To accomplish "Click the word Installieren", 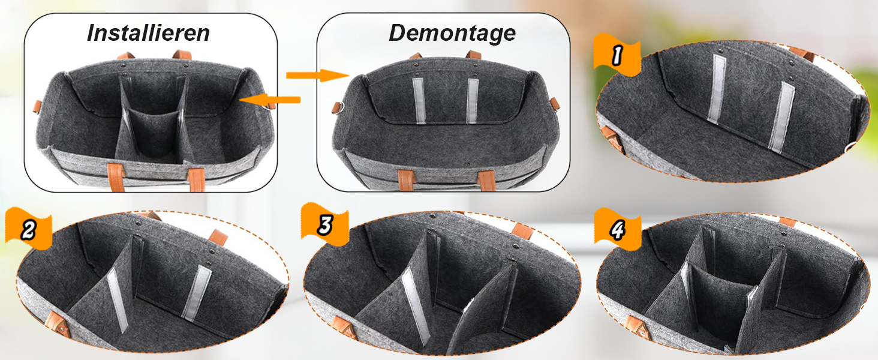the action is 148,32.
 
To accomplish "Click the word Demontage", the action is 452,33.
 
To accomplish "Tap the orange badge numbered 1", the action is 617,55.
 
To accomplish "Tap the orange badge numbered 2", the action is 28,229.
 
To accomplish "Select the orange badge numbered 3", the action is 324,224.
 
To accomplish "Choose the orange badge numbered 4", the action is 618,229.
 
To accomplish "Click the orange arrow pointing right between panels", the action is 317,75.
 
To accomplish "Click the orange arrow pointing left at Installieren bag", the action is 269,100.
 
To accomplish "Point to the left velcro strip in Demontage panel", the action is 419,101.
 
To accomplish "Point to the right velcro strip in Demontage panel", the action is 473,101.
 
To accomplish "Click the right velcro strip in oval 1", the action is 781,117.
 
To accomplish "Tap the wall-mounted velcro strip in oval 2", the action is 197,293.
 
